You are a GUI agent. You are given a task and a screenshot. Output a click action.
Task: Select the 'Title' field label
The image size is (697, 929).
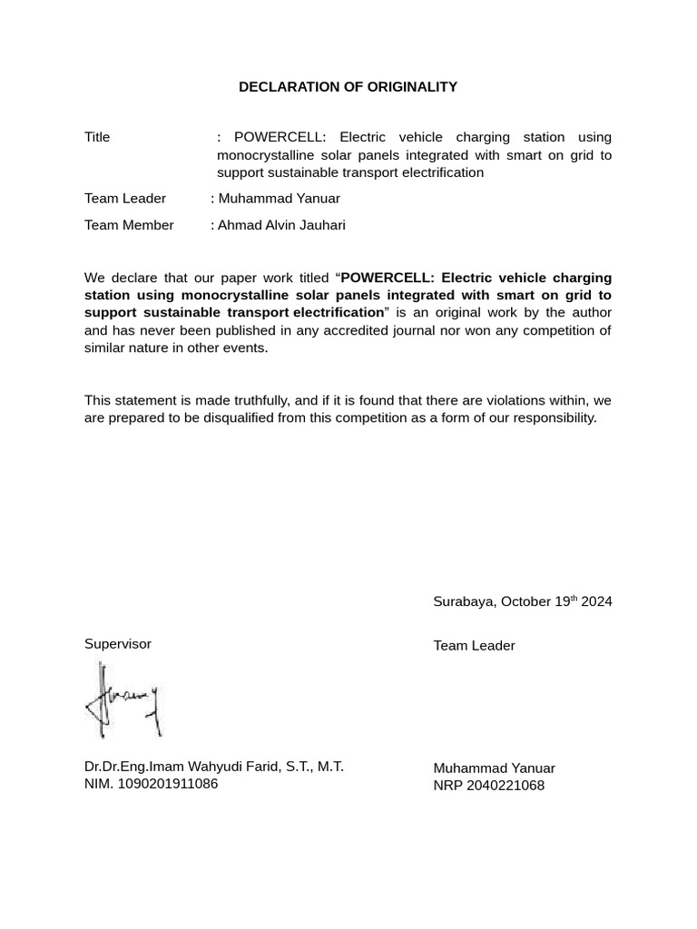tap(97, 137)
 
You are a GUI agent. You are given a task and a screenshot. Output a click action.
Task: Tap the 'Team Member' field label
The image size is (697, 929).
tap(129, 225)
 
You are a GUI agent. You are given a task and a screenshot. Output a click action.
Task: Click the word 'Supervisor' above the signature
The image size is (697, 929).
tap(118, 644)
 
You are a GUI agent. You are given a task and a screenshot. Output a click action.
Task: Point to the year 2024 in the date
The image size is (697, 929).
tap(597, 601)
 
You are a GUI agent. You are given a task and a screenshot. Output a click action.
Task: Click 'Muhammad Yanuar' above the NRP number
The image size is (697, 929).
tap(494, 768)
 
